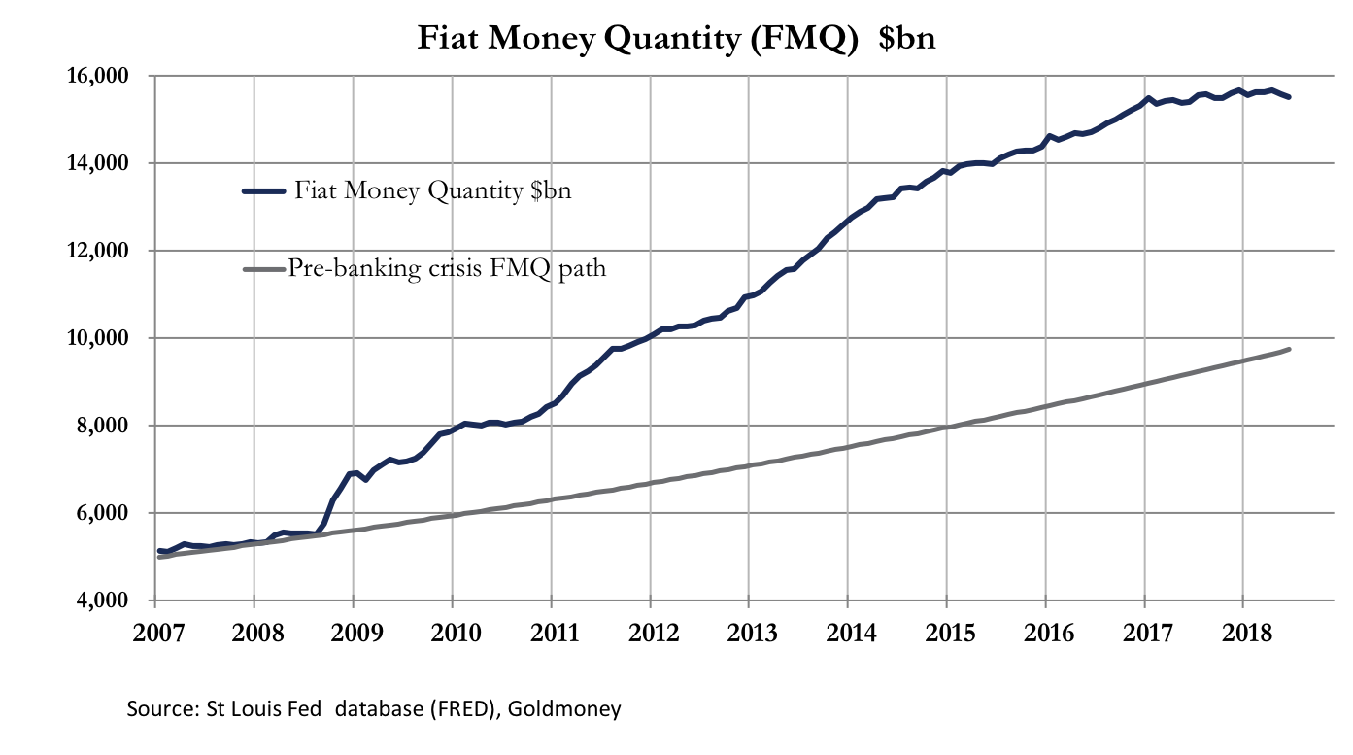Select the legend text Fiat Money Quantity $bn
coord(433,190)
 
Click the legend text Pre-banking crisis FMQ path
coord(447,268)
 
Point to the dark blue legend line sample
coord(264,191)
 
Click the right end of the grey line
coord(1289,349)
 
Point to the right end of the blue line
coord(1289,96)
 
